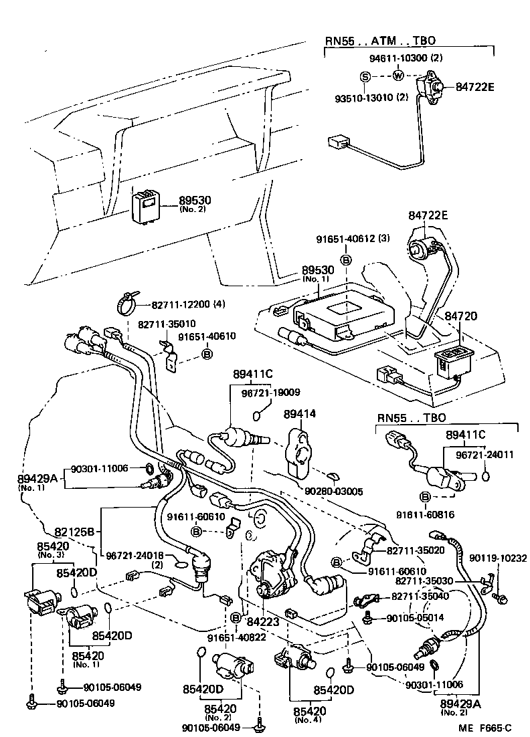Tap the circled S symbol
[x=365, y=77]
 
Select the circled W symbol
[x=397, y=75]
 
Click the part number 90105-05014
[x=415, y=618]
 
